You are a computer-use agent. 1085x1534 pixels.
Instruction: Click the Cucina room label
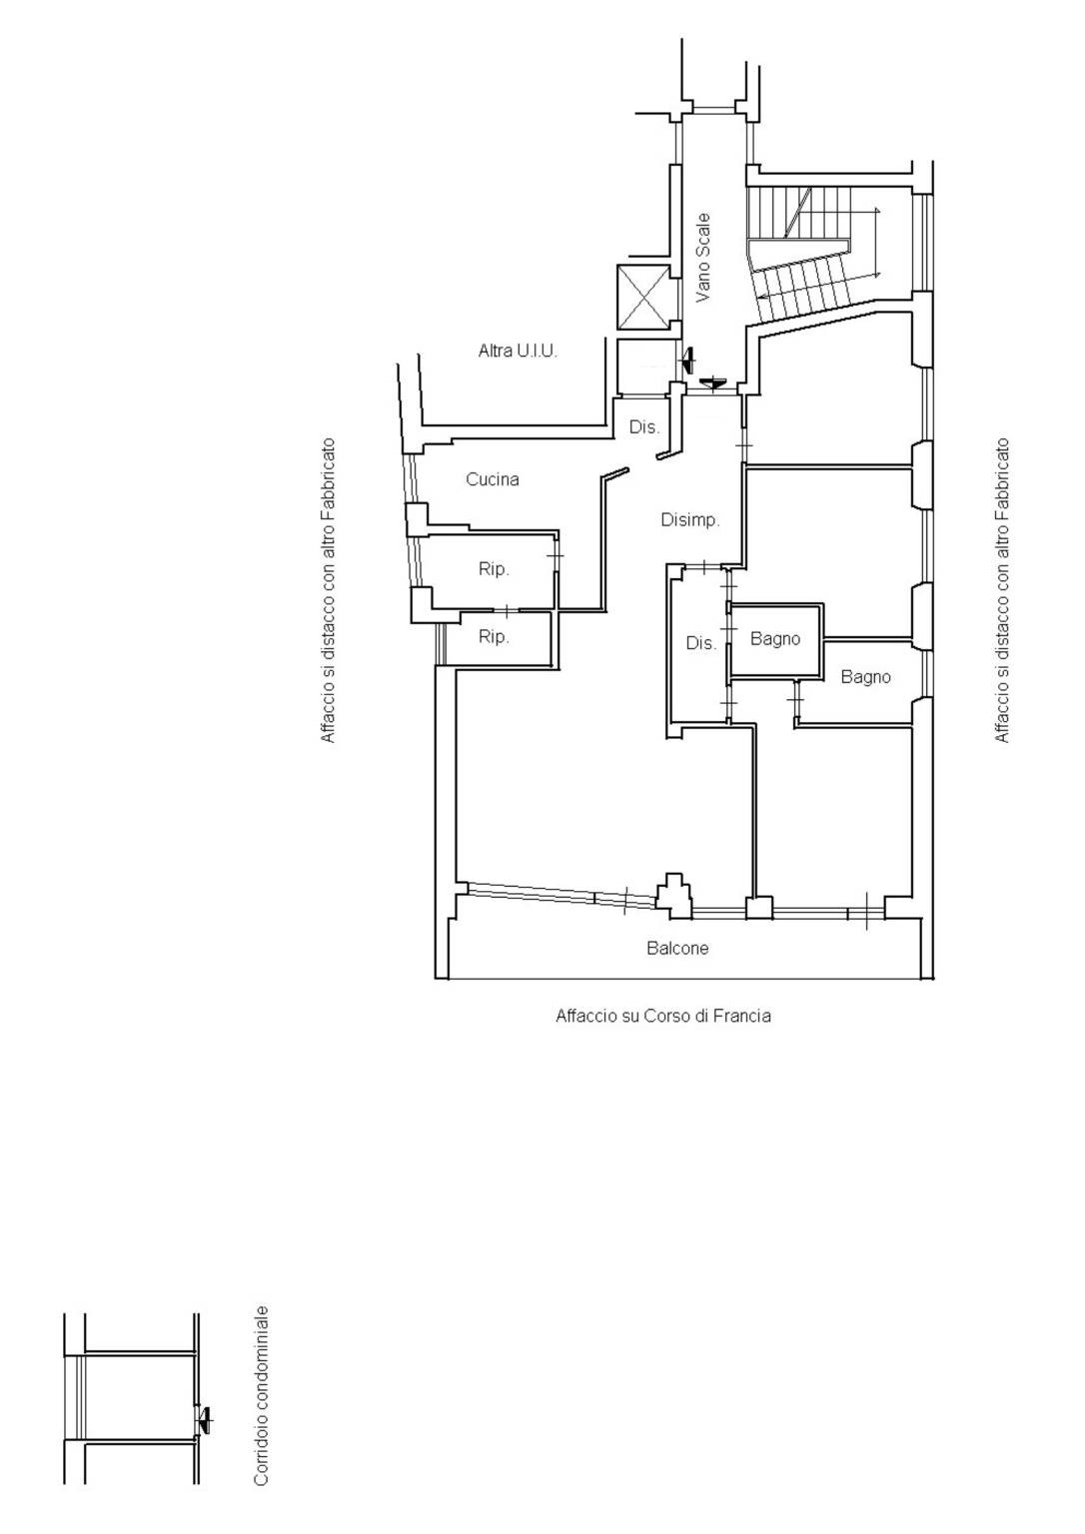click(x=492, y=479)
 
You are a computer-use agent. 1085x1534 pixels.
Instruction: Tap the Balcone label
click(x=677, y=948)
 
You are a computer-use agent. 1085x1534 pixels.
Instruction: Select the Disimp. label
click(x=689, y=519)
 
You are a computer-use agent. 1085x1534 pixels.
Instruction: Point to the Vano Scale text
click(x=702, y=258)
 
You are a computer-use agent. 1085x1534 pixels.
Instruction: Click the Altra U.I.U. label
click(x=518, y=352)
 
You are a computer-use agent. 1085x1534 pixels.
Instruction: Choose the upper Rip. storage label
click(x=494, y=569)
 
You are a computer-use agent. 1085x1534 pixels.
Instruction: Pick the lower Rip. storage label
click(x=494, y=637)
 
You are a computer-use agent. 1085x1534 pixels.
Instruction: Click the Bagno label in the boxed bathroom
click(x=774, y=639)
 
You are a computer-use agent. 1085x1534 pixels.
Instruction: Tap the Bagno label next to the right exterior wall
click(x=866, y=677)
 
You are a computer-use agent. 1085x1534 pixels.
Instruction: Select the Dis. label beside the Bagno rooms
click(x=700, y=643)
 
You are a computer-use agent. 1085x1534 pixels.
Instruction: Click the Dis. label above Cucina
click(x=644, y=427)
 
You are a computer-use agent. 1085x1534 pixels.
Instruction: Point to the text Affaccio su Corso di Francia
click(x=663, y=1016)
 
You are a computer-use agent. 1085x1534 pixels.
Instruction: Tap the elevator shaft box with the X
click(x=643, y=298)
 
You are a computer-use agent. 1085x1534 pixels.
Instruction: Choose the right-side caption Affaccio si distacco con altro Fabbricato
click(x=1001, y=590)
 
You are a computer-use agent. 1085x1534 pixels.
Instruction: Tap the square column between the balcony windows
click(x=758, y=908)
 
